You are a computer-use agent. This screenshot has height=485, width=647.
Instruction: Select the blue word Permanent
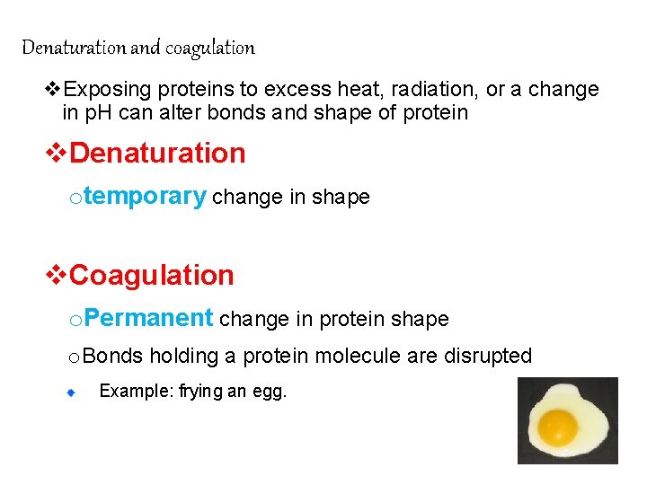(x=150, y=318)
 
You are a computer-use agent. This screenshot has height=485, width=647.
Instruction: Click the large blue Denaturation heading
(x=157, y=153)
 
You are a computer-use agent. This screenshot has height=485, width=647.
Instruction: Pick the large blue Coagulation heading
(x=151, y=275)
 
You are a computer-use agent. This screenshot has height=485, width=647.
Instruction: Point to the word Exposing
(x=108, y=90)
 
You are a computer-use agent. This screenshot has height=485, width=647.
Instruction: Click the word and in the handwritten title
(x=144, y=47)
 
